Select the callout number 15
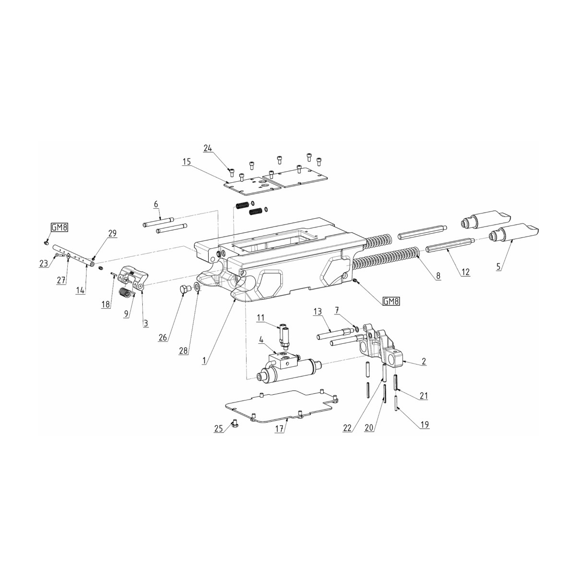(186, 162)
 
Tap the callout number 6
(156, 204)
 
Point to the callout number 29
(112, 233)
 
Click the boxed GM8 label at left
(59, 228)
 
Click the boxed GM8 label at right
(391, 302)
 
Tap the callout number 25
(218, 429)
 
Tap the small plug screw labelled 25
(236, 424)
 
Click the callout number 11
(260, 318)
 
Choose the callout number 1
(205, 360)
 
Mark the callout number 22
(348, 428)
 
